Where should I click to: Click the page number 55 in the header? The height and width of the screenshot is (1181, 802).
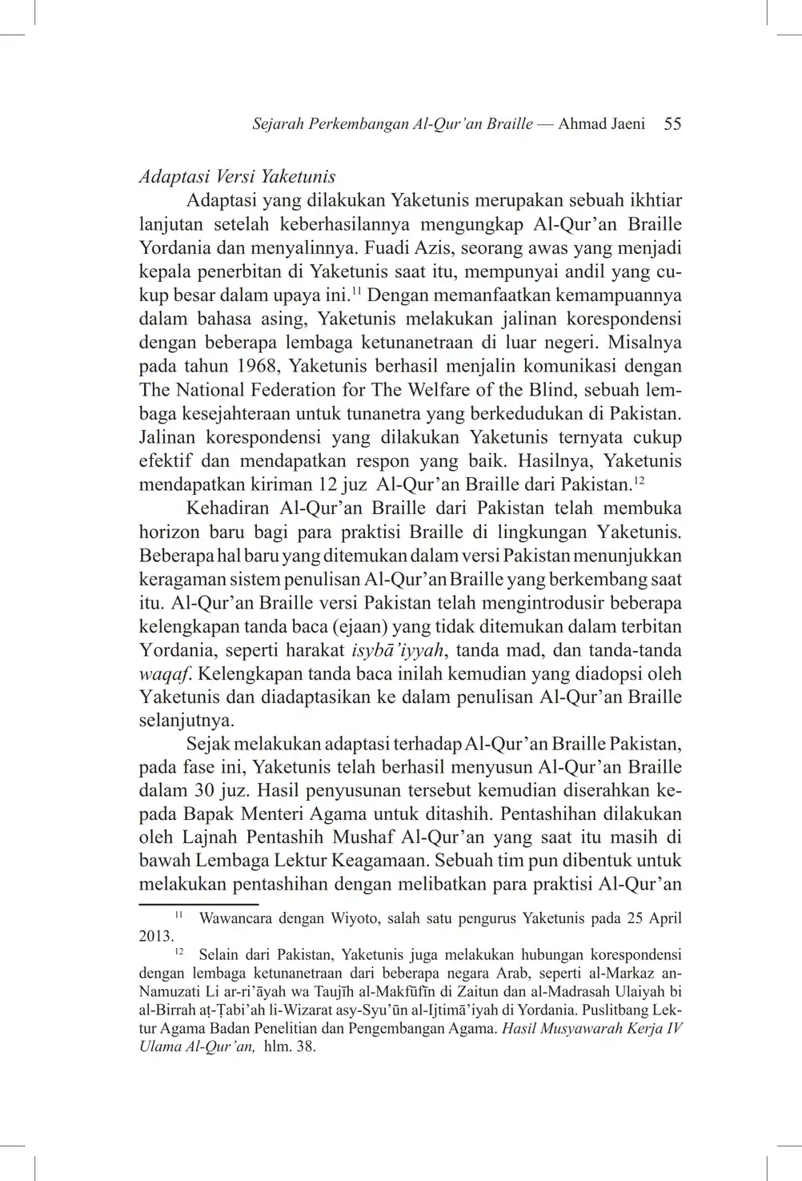coord(672,124)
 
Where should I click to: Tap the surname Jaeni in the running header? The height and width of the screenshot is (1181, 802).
coord(624,124)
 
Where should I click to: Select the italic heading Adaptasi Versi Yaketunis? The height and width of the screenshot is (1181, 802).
coord(237,176)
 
